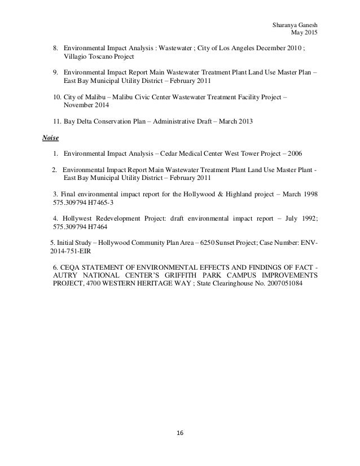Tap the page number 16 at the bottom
(180, 433)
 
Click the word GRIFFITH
(172, 275)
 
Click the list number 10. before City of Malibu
(55, 97)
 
